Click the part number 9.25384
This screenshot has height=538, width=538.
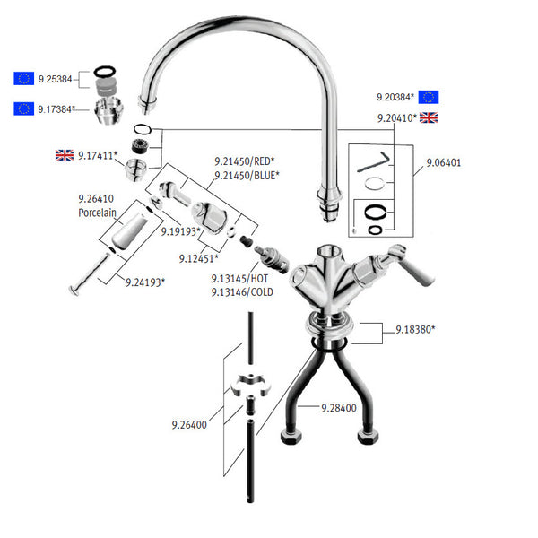56,78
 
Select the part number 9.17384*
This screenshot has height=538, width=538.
57,108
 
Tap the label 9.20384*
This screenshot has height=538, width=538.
395,96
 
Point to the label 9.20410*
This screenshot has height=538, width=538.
395,117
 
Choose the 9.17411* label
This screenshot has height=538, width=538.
98,155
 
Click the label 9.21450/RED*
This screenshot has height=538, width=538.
244,162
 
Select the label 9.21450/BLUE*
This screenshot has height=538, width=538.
247,176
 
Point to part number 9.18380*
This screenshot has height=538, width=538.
415,330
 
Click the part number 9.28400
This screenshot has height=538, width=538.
339,407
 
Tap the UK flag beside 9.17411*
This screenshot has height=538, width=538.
65,155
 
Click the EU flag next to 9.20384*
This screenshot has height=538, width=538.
429,97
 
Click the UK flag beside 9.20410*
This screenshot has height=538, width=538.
429,117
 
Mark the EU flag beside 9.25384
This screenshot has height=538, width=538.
23,78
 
